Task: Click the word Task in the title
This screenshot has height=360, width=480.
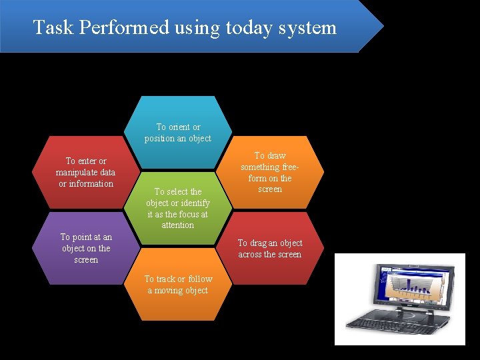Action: pyautogui.click(x=49, y=28)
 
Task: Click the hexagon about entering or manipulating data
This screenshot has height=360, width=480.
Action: pyautogui.click(x=86, y=172)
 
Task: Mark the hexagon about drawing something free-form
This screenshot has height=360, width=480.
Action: pyautogui.click(x=270, y=172)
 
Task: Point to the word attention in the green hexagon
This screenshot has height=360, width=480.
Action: pyautogui.click(x=178, y=225)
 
